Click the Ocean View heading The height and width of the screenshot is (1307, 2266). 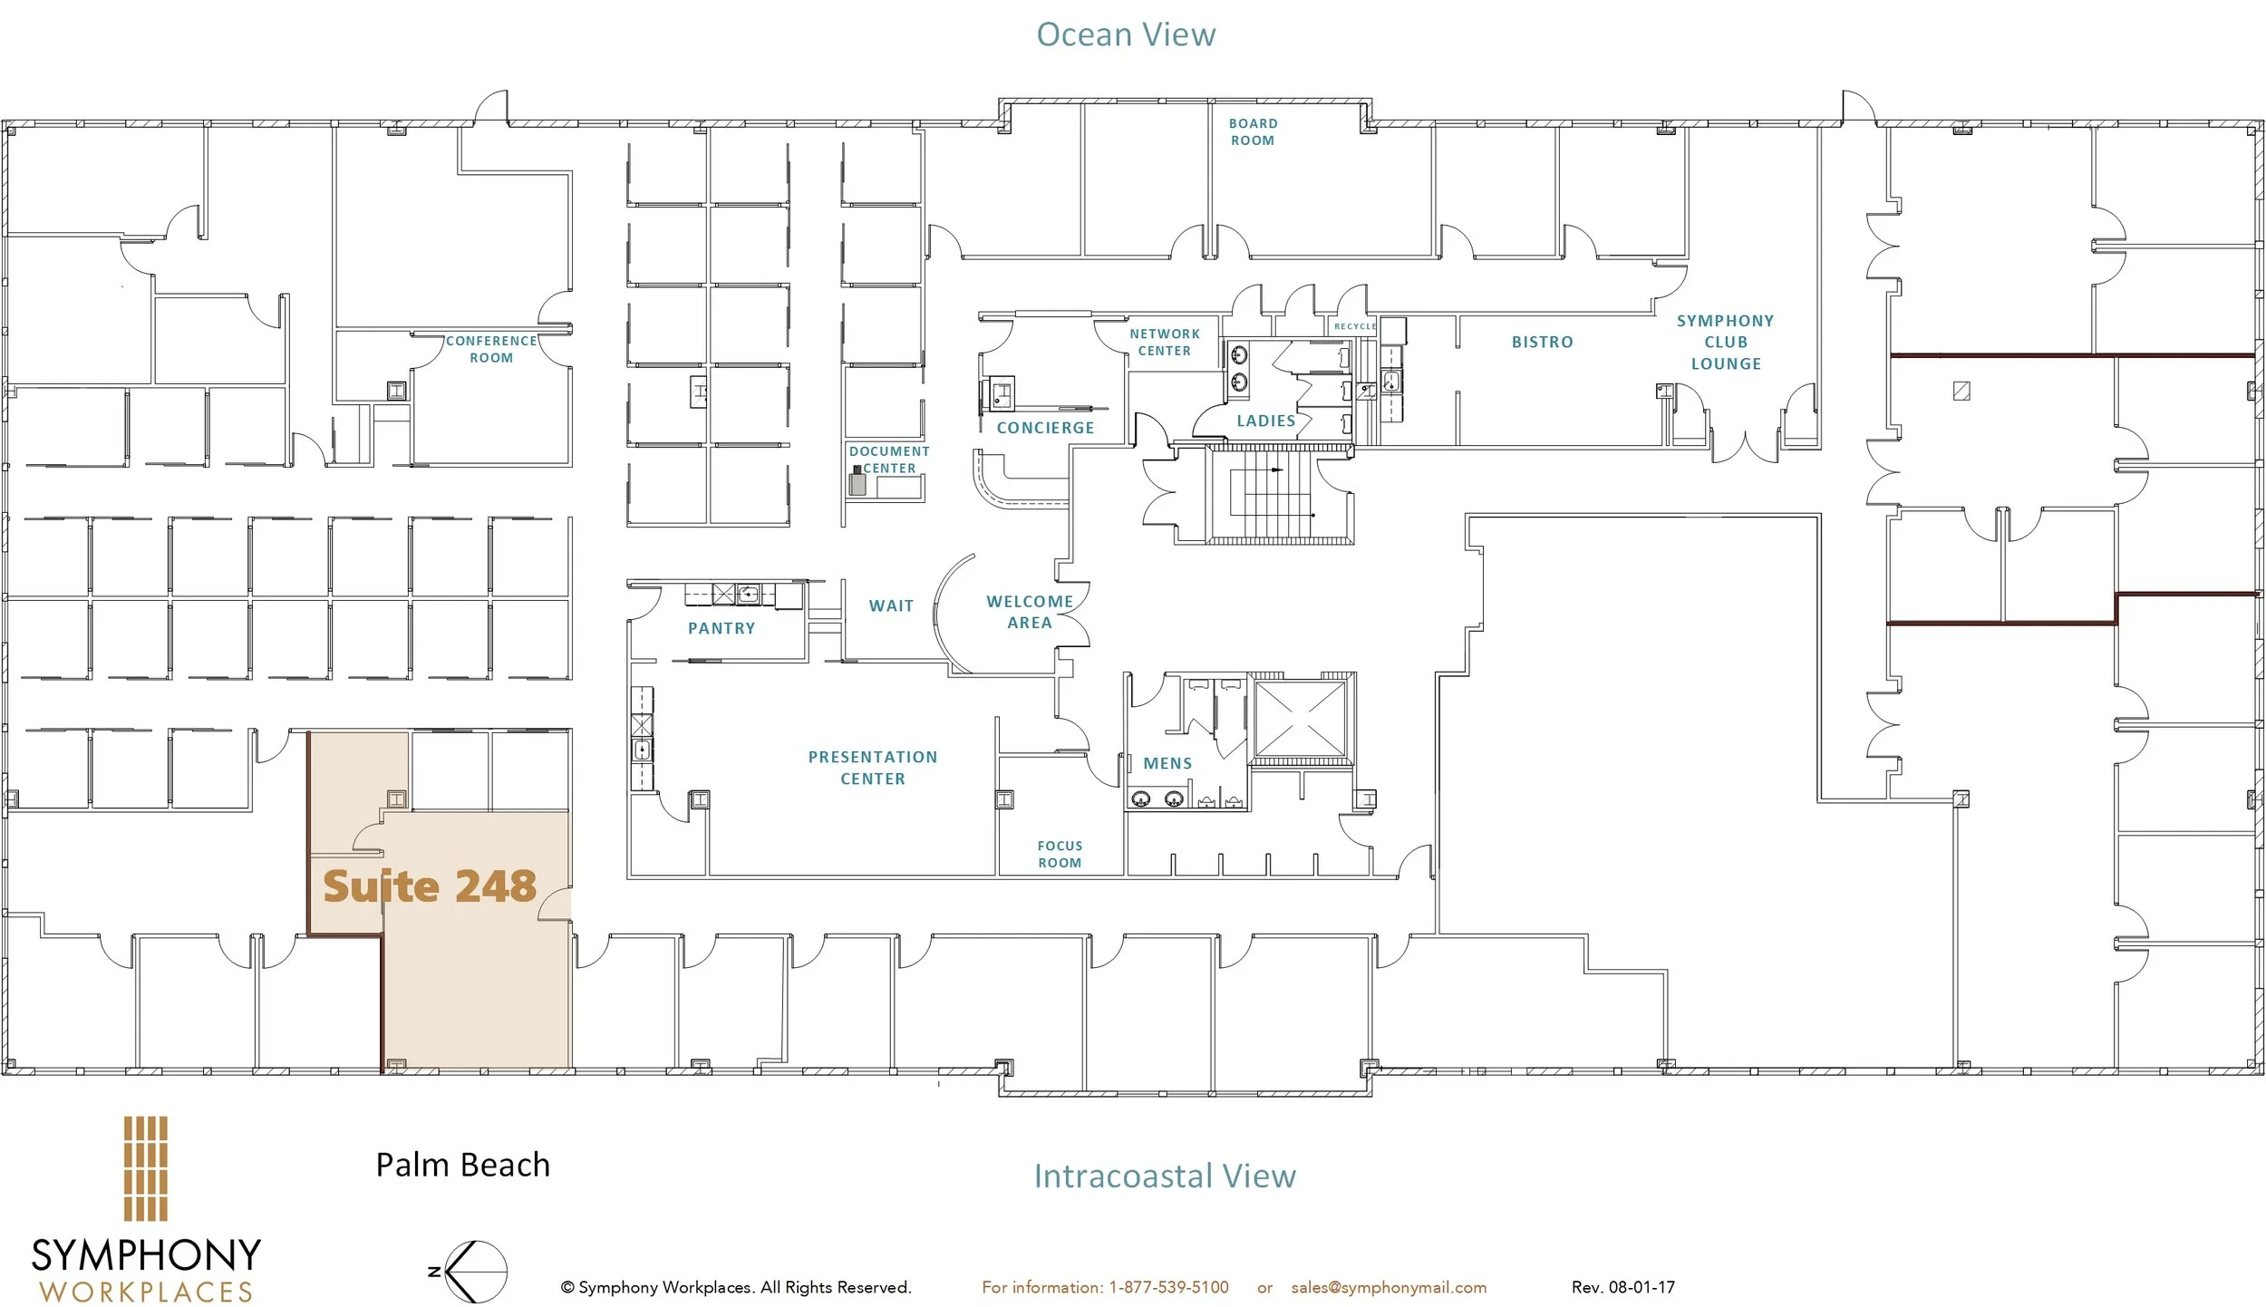(1126, 34)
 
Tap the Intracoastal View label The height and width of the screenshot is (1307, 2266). (1165, 1176)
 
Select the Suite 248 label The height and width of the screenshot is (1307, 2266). (430, 886)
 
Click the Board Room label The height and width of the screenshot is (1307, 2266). (1253, 131)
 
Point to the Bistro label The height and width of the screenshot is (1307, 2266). (1542, 342)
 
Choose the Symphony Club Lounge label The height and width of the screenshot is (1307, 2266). (1726, 342)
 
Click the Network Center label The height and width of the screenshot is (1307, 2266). (1165, 342)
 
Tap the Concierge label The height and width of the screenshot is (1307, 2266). (1045, 428)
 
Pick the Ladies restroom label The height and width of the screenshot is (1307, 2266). (1266, 421)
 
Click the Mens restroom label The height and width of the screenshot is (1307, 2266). (1167, 763)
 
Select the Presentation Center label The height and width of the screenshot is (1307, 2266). (873, 767)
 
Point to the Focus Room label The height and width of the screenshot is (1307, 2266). (1060, 854)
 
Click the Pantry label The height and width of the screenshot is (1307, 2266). (721, 628)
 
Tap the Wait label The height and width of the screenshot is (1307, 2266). (891, 605)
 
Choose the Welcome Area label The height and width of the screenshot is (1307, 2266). (1030, 612)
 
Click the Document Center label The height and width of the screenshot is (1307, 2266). (889, 459)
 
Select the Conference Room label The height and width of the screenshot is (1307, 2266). (491, 349)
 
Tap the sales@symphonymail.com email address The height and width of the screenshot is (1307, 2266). (1389, 1287)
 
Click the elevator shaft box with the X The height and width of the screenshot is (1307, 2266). (1300, 719)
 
